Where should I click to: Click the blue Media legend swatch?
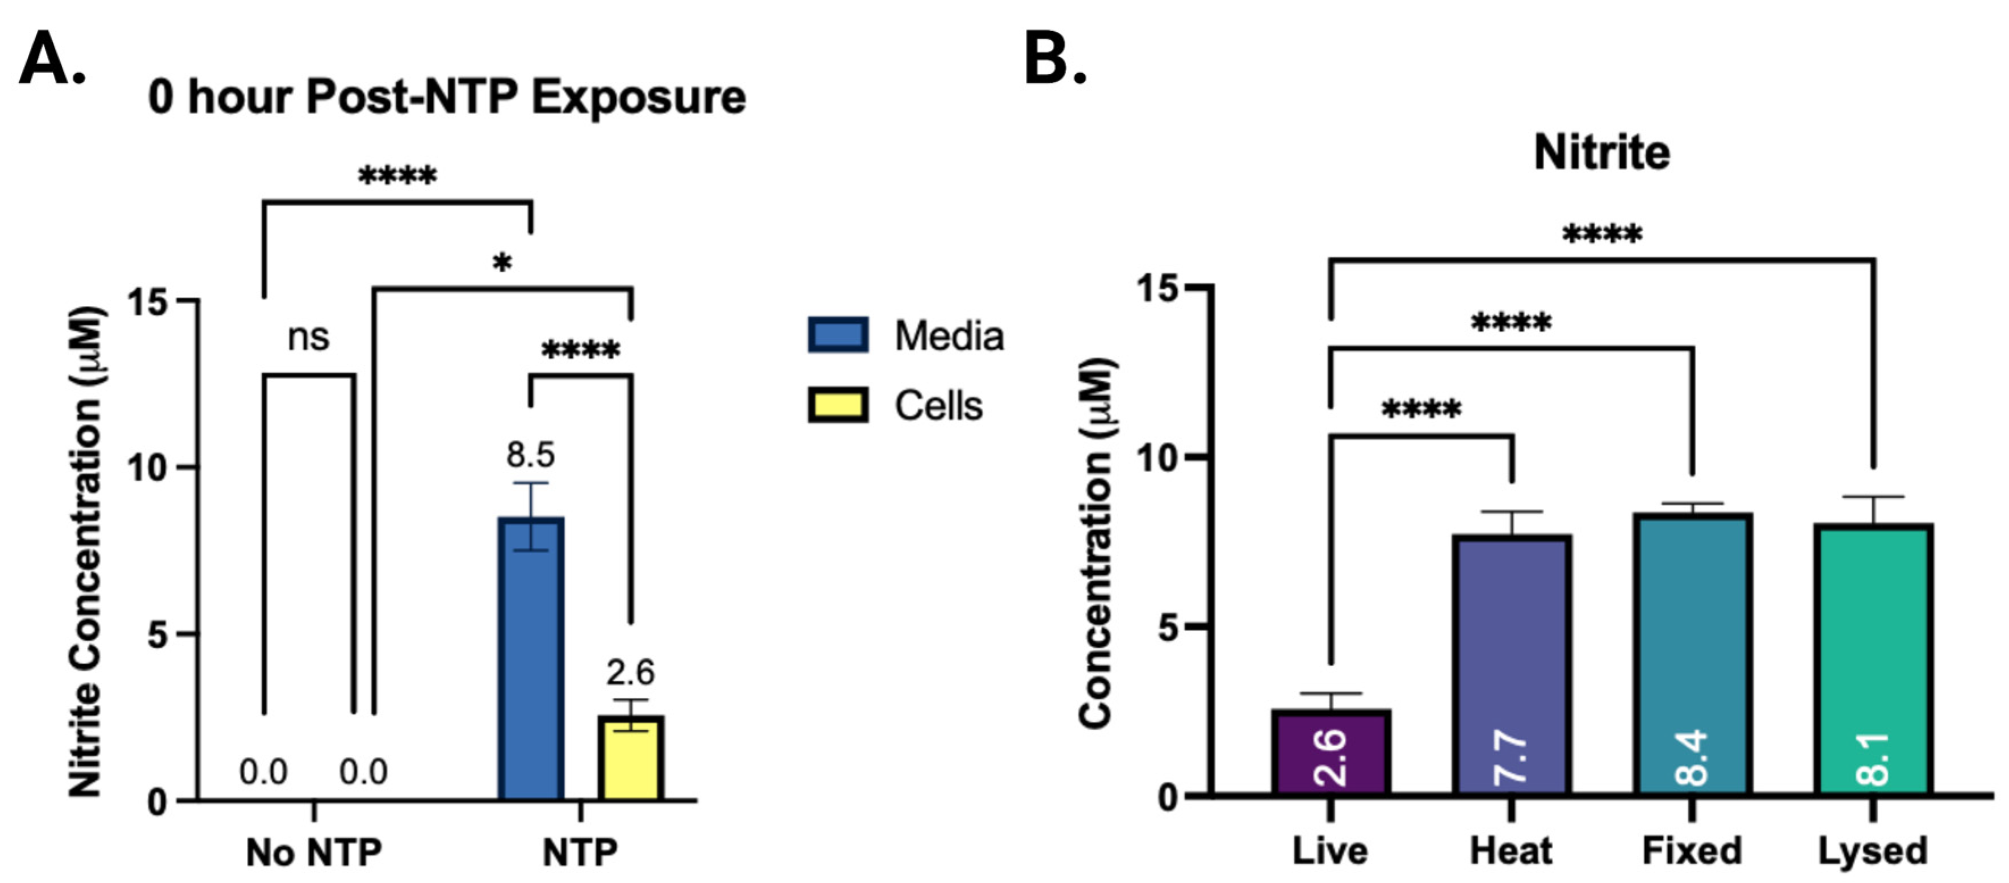pyautogui.click(x=837, y=335)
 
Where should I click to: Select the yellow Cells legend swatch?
pyautogui.click(x=837, y=405)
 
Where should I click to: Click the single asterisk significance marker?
pyautogui.click(x=502, y=263)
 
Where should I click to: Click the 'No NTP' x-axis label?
pyautogui.click(x=313, y=852)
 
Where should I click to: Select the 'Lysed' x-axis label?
pyautogui.click(x=1873, y=850)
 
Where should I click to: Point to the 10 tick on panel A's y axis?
pyautogui.click(x=148, y=468)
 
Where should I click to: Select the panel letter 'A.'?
pyautogui.click(x=52, y=60)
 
